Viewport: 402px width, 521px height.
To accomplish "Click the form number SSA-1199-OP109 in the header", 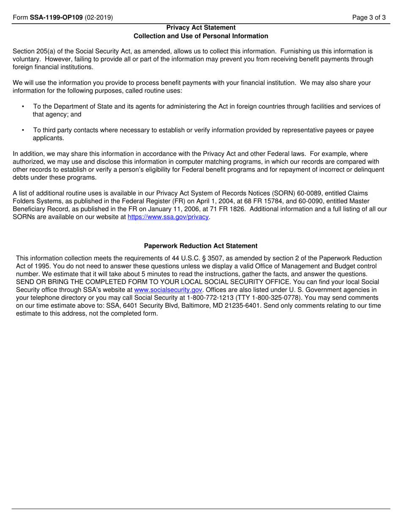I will (x=56, y=18).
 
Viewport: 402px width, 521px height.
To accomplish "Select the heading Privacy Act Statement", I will (x=201, y=28).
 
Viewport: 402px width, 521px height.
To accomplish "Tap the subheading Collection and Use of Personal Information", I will (x=201, y=36).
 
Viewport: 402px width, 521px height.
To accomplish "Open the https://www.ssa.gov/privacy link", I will (x=168, y=217).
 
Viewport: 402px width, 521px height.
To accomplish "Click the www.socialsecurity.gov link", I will (x=168, y=290).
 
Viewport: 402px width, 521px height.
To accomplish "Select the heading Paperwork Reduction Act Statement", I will (x=201, y=246).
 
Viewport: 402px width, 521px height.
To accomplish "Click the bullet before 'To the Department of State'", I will (x=23, y=107).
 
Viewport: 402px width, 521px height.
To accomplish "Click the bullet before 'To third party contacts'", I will (x=23, y=130).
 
